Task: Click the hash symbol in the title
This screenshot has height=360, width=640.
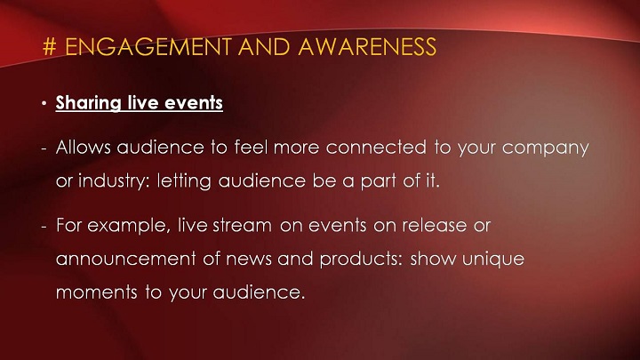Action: click(x=49, y=46)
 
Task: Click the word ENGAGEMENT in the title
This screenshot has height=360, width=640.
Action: click(x=148, y=46)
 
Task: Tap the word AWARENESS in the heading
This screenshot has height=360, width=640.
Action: click(x=367, y=46)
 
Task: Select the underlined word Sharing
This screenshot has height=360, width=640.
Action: click(x=89, y=103)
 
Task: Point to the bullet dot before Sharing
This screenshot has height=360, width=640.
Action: click(x=44, y=103)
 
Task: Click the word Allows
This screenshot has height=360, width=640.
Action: click(x=84, y=147)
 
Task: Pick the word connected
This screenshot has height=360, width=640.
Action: click(x=376, y=147)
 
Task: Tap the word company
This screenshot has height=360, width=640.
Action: click(x=545, y=148)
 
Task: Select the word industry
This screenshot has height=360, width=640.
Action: click(x=114, y=181)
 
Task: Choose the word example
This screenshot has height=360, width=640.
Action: click(x=129, y=226)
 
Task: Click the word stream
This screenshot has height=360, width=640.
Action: click(x=242, y=226)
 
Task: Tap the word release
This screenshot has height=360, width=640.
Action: click(x=435, y=225)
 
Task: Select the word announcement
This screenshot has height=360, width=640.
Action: click(x=125, y=260)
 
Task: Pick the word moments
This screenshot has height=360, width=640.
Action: click(x=97, y=292)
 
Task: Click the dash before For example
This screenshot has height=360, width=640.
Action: click(x=44, y=227)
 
